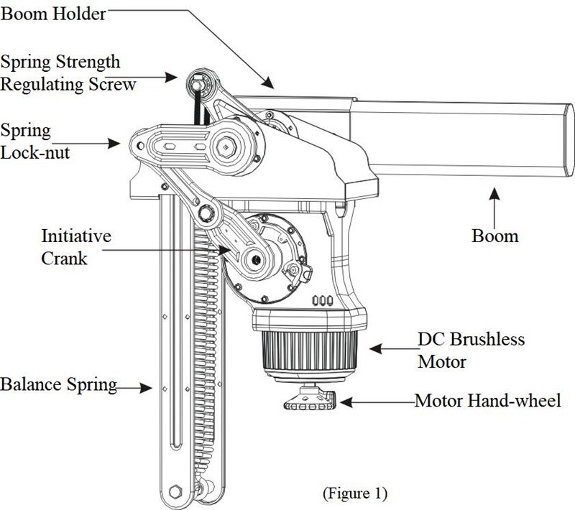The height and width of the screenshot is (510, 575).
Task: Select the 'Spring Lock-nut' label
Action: tap(36, 142)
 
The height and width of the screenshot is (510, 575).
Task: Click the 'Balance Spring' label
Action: tap(57, 384)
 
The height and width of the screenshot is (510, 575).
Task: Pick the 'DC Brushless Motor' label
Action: tap(471, 349)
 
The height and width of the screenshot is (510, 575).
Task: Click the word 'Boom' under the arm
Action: tap(494, 235)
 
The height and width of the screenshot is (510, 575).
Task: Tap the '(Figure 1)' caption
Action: tap(354, 493)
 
